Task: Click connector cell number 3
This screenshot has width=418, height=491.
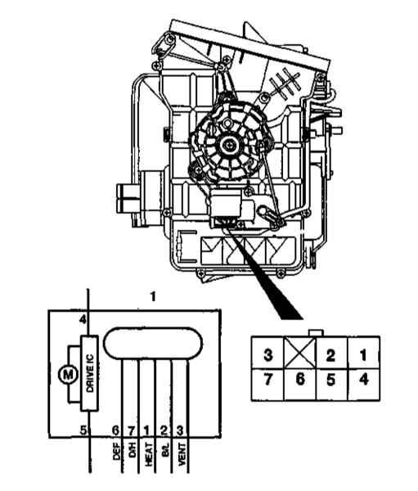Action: pyautogui.click(x=268, y=353)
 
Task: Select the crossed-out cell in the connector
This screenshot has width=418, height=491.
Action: pyautogui.click(x=300, y=353)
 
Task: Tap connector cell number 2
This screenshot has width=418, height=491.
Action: pyautogui.click(x=331, y=353)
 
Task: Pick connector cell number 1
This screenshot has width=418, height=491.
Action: pyautogui.click(x=363, y=353)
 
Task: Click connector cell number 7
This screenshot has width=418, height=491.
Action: pyautogui.click(x=268, y=385)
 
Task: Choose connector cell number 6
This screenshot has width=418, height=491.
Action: pyautogui.click(x=300, y=385)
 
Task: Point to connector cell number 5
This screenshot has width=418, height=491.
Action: pyautogui.click(x=331, y=385)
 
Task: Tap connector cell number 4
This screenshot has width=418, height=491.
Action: pyautogui.click(x=363, y=385)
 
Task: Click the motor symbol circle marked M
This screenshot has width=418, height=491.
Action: pyautogui.click(x=68, y=374)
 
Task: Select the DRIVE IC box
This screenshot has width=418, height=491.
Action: pyautogui.click(x=89, y=373)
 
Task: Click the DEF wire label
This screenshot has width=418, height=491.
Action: pyautogui.click(x=116, y=451)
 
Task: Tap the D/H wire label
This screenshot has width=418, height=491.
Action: pyautogui.click(x=133, y=450)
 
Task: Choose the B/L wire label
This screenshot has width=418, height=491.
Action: pyautogui.click(x=165, y=449)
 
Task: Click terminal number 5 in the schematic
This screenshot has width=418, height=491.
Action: pyautogui.click(x=83, y=430)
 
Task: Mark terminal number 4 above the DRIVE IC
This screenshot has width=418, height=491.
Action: pyautogui.click(x=83, y=320)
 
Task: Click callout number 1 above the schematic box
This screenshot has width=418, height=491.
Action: pyautogui.click(x=153, y=296)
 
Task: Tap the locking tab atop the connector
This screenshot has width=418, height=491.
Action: pyautogui.click(x=316, y=333)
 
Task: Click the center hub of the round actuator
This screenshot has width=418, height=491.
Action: pyautogui.click(x=230, y=145)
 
